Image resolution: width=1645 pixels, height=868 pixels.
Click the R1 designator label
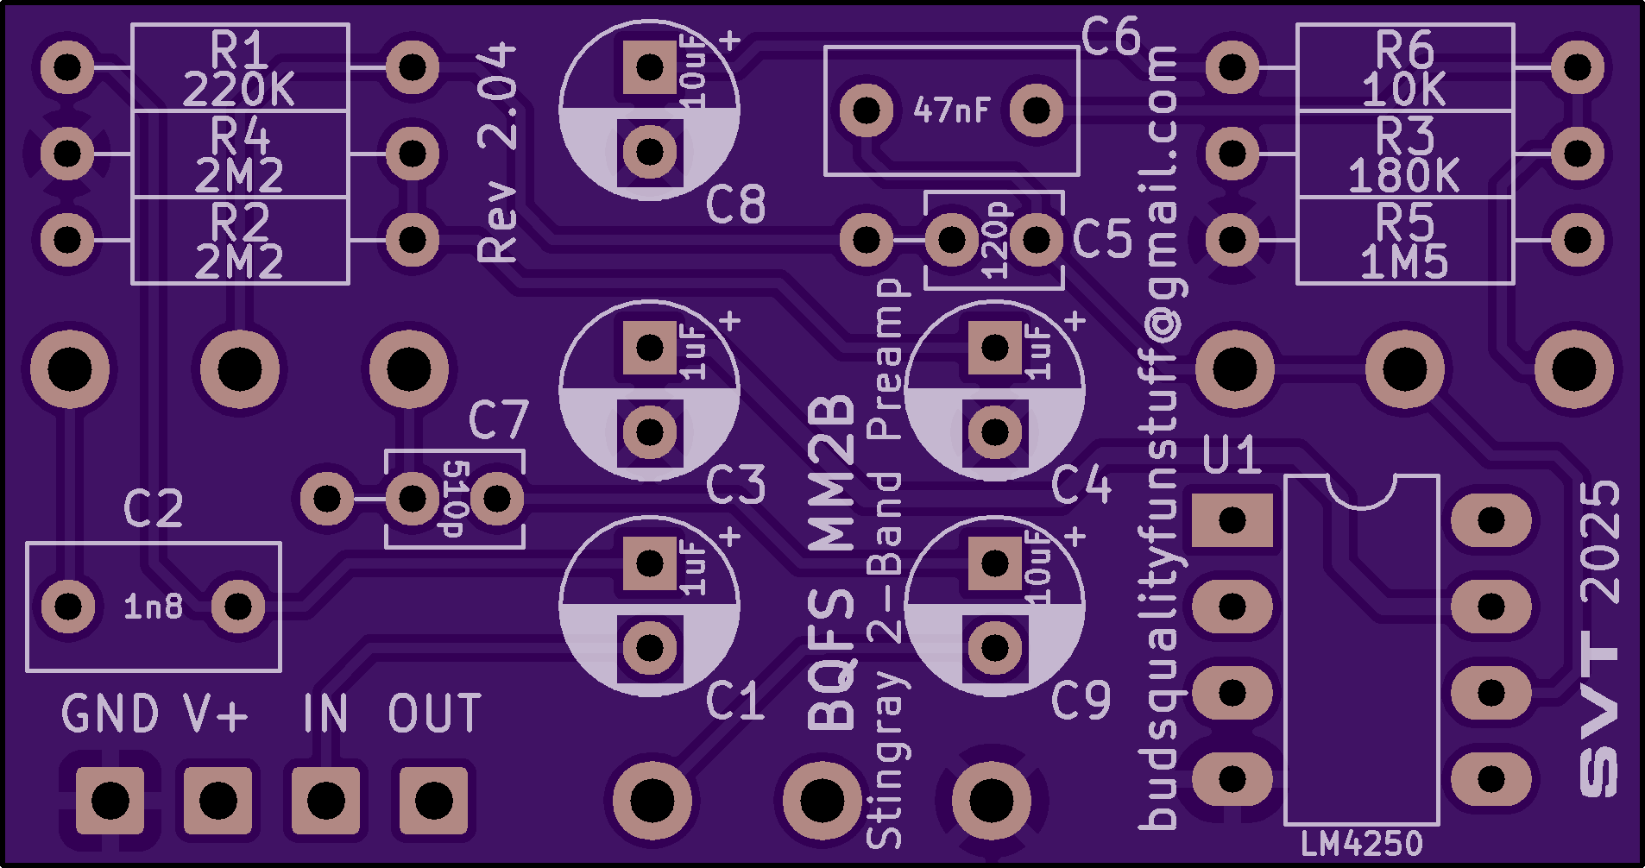[239, 50]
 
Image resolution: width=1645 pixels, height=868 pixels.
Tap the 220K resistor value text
[239, 90]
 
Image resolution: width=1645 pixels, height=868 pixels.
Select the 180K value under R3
[1404, 176]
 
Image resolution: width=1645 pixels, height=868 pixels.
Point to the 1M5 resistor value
[1404, 262]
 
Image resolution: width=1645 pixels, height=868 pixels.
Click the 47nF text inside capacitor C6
[951, 110]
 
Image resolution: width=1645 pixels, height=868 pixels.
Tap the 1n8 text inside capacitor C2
[154, 607]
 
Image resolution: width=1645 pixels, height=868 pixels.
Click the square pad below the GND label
[110, 801]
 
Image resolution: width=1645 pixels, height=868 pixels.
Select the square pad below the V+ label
[217, 801]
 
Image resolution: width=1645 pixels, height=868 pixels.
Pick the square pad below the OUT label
[433, 801]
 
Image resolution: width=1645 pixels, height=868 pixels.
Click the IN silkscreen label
[325, 714]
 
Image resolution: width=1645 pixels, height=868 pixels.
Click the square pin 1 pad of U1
[1232, 520]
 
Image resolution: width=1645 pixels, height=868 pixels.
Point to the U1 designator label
[1232, 456]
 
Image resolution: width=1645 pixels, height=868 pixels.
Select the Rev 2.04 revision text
[498, 154]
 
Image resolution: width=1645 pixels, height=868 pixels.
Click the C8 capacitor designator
[735, 205]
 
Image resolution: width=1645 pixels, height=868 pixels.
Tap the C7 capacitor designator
[498, 421]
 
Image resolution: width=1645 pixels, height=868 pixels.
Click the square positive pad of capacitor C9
[994, 563]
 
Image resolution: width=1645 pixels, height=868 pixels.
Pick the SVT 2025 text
[1598, 638]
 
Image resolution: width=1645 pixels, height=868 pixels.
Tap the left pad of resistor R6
[1232, 66]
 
